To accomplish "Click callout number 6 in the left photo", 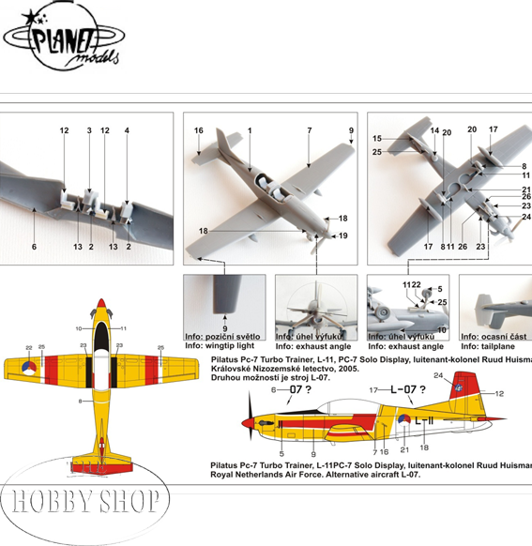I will (x=34, y=247).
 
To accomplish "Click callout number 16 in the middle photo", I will (x=199, y=130).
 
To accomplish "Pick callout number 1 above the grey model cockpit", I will (x=251, y=130).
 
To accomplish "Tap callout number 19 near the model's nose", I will (x=343, y=235).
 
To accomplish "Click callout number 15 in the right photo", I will (x=377, y=139).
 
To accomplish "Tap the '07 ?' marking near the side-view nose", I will (x=298, y=388).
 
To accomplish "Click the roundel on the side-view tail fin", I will (x=459, y=383).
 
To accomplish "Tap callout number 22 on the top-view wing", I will (x=28, y=347).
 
